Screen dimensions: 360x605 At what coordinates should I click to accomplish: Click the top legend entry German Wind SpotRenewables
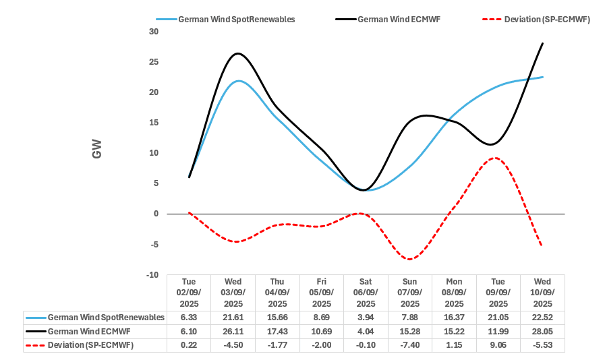tap(236, 20)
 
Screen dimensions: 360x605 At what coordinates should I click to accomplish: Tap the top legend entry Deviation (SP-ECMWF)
tap(547, 20)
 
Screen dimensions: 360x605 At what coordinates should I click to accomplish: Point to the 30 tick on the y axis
tap(154, 32)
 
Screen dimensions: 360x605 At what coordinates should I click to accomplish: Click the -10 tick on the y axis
tap(152, 275)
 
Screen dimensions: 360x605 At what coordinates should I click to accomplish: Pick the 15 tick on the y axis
tap(154, 123)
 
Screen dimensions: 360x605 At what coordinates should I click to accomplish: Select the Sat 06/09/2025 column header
tap(365, 293)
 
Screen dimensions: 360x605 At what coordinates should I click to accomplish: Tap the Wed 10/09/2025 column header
tap(542, 293)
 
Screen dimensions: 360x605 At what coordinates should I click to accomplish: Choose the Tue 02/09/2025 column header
tap(188, 293)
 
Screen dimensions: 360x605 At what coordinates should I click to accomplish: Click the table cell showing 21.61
tap(233, 318)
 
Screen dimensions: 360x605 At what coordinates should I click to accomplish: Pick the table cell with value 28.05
tap(542, 331)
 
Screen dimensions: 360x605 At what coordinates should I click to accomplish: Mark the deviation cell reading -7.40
tap(409, 344)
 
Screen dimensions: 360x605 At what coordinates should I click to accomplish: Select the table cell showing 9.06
tap(498, 344)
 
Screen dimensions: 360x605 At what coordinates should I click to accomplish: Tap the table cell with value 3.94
tap(365, 318)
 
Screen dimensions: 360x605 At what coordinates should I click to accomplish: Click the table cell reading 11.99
tap(498, 331)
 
